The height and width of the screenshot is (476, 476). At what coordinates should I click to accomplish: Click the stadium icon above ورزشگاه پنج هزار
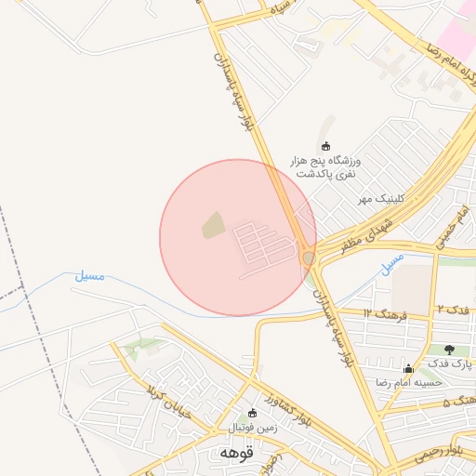point(325,146)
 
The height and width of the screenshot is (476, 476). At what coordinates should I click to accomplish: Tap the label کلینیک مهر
point(380,199)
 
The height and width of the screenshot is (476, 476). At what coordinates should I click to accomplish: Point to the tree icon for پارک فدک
point(450,350)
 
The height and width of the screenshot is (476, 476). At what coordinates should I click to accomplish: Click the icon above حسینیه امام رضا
point(408,369)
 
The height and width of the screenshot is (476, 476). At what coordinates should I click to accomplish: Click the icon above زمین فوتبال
point(251,414)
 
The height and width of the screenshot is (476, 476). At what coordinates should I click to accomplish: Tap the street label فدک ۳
point(453,308)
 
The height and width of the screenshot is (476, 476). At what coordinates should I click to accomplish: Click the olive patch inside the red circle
point(213,225)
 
